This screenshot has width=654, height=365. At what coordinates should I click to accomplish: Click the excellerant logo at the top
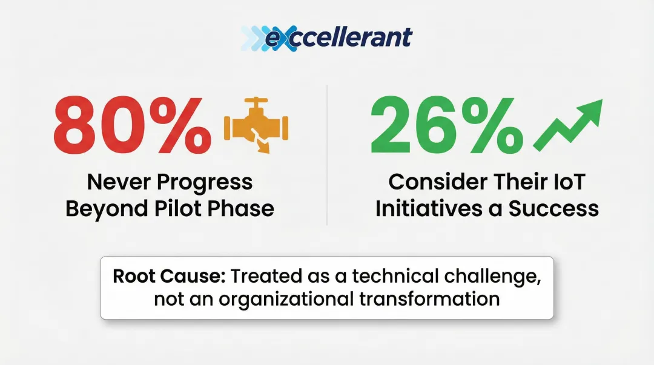326,38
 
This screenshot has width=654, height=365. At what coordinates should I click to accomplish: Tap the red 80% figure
132,125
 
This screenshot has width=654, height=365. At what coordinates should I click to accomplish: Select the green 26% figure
447,125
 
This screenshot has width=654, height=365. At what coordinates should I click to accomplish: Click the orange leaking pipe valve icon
256,125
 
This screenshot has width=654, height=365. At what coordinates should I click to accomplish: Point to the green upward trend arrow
568,125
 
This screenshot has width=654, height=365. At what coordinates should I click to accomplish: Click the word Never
119,182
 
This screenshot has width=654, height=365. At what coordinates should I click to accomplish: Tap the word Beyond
107,209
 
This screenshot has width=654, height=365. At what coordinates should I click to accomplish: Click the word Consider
438,182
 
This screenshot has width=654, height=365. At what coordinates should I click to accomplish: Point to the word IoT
569,182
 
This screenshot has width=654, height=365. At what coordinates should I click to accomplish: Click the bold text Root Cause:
169,276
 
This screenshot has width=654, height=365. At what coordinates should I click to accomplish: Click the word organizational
286,299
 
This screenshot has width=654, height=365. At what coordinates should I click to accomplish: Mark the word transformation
429,299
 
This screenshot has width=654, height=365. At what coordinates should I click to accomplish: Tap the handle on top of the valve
256,102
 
